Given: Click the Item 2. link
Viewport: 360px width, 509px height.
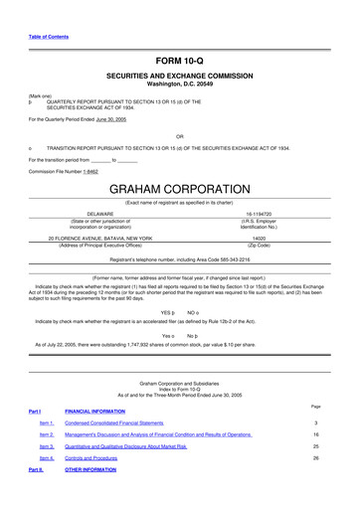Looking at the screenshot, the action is point(47,434).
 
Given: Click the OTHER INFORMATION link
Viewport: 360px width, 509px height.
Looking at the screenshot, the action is point(90,469).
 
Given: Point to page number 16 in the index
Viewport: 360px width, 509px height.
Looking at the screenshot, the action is point(315,434).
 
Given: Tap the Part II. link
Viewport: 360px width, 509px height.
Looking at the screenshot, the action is point(36,469).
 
